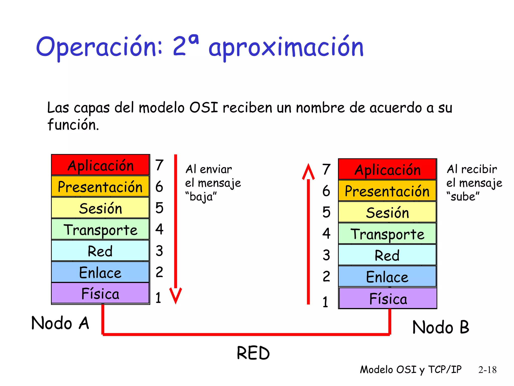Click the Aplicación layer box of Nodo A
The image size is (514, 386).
[100, 165]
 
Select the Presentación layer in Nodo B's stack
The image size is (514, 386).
[387, 191]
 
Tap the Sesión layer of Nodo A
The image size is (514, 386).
[100, 208]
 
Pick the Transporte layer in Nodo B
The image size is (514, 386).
[387, 233]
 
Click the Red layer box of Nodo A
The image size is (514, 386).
[100, 251]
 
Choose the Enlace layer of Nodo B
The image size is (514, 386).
[387, 276]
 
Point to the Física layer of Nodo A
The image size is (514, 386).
[100, 293]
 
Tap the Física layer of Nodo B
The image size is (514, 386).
[388, 298]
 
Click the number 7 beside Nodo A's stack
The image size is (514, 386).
[159, 165]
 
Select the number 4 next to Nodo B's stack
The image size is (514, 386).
[326, 233]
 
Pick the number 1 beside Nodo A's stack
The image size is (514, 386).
[158, 298]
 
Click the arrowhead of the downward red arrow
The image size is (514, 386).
[176, 296]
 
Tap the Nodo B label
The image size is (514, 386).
[441, 327]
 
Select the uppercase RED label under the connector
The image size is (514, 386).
[253, 353]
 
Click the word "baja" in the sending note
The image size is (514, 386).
[201, 197]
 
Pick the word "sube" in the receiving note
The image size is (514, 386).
[463, 197]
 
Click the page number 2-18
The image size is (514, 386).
[487, 370]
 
